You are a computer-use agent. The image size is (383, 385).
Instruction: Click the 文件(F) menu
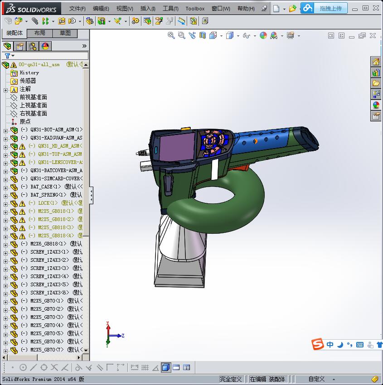(x=77, y=9)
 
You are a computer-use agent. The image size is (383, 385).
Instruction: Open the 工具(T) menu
(x=170, y=9)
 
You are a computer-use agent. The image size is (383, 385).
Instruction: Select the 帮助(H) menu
(x=246, y=9)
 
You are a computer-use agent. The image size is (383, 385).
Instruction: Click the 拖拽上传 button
(x=331, y=8)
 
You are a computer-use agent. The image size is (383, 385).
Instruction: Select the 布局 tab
(x=40, y=33)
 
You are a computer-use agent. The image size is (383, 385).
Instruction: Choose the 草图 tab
(x=65, y=33)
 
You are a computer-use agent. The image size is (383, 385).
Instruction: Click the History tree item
(x=29, y=72)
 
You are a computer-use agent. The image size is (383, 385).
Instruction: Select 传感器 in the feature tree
(x=28, y=81)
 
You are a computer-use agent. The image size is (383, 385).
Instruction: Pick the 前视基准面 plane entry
(x=33, y=97)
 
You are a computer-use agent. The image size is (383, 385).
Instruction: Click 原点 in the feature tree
(x=25, y=121)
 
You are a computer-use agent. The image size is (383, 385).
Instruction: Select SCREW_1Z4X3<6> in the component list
(x=50, y=293)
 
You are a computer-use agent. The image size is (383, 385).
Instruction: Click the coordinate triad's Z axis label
(x=123, y=336)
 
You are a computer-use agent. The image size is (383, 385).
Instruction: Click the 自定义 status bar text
(x=317, y=379)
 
